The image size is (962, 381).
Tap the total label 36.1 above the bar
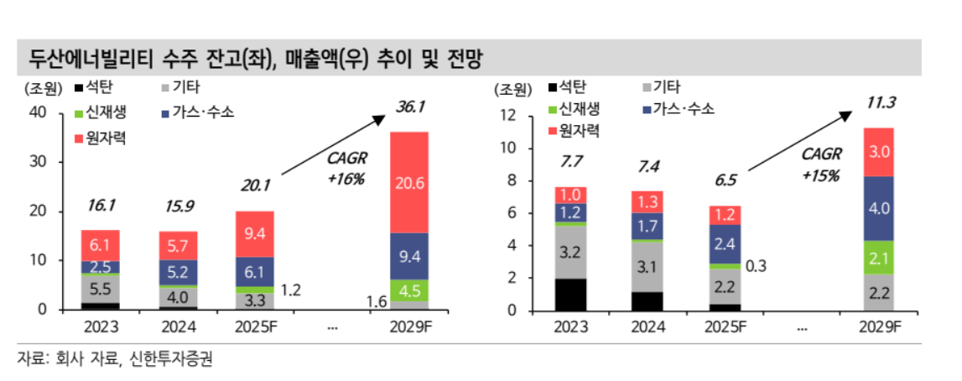click(x=411, y=107)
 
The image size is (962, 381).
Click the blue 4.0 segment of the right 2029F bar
click(x=878, y=208)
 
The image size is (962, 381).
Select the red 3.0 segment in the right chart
click(x=878, y=152)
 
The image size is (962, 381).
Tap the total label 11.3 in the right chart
click(x=881, y=103)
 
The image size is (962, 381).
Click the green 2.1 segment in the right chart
click(x=878, y=258)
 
